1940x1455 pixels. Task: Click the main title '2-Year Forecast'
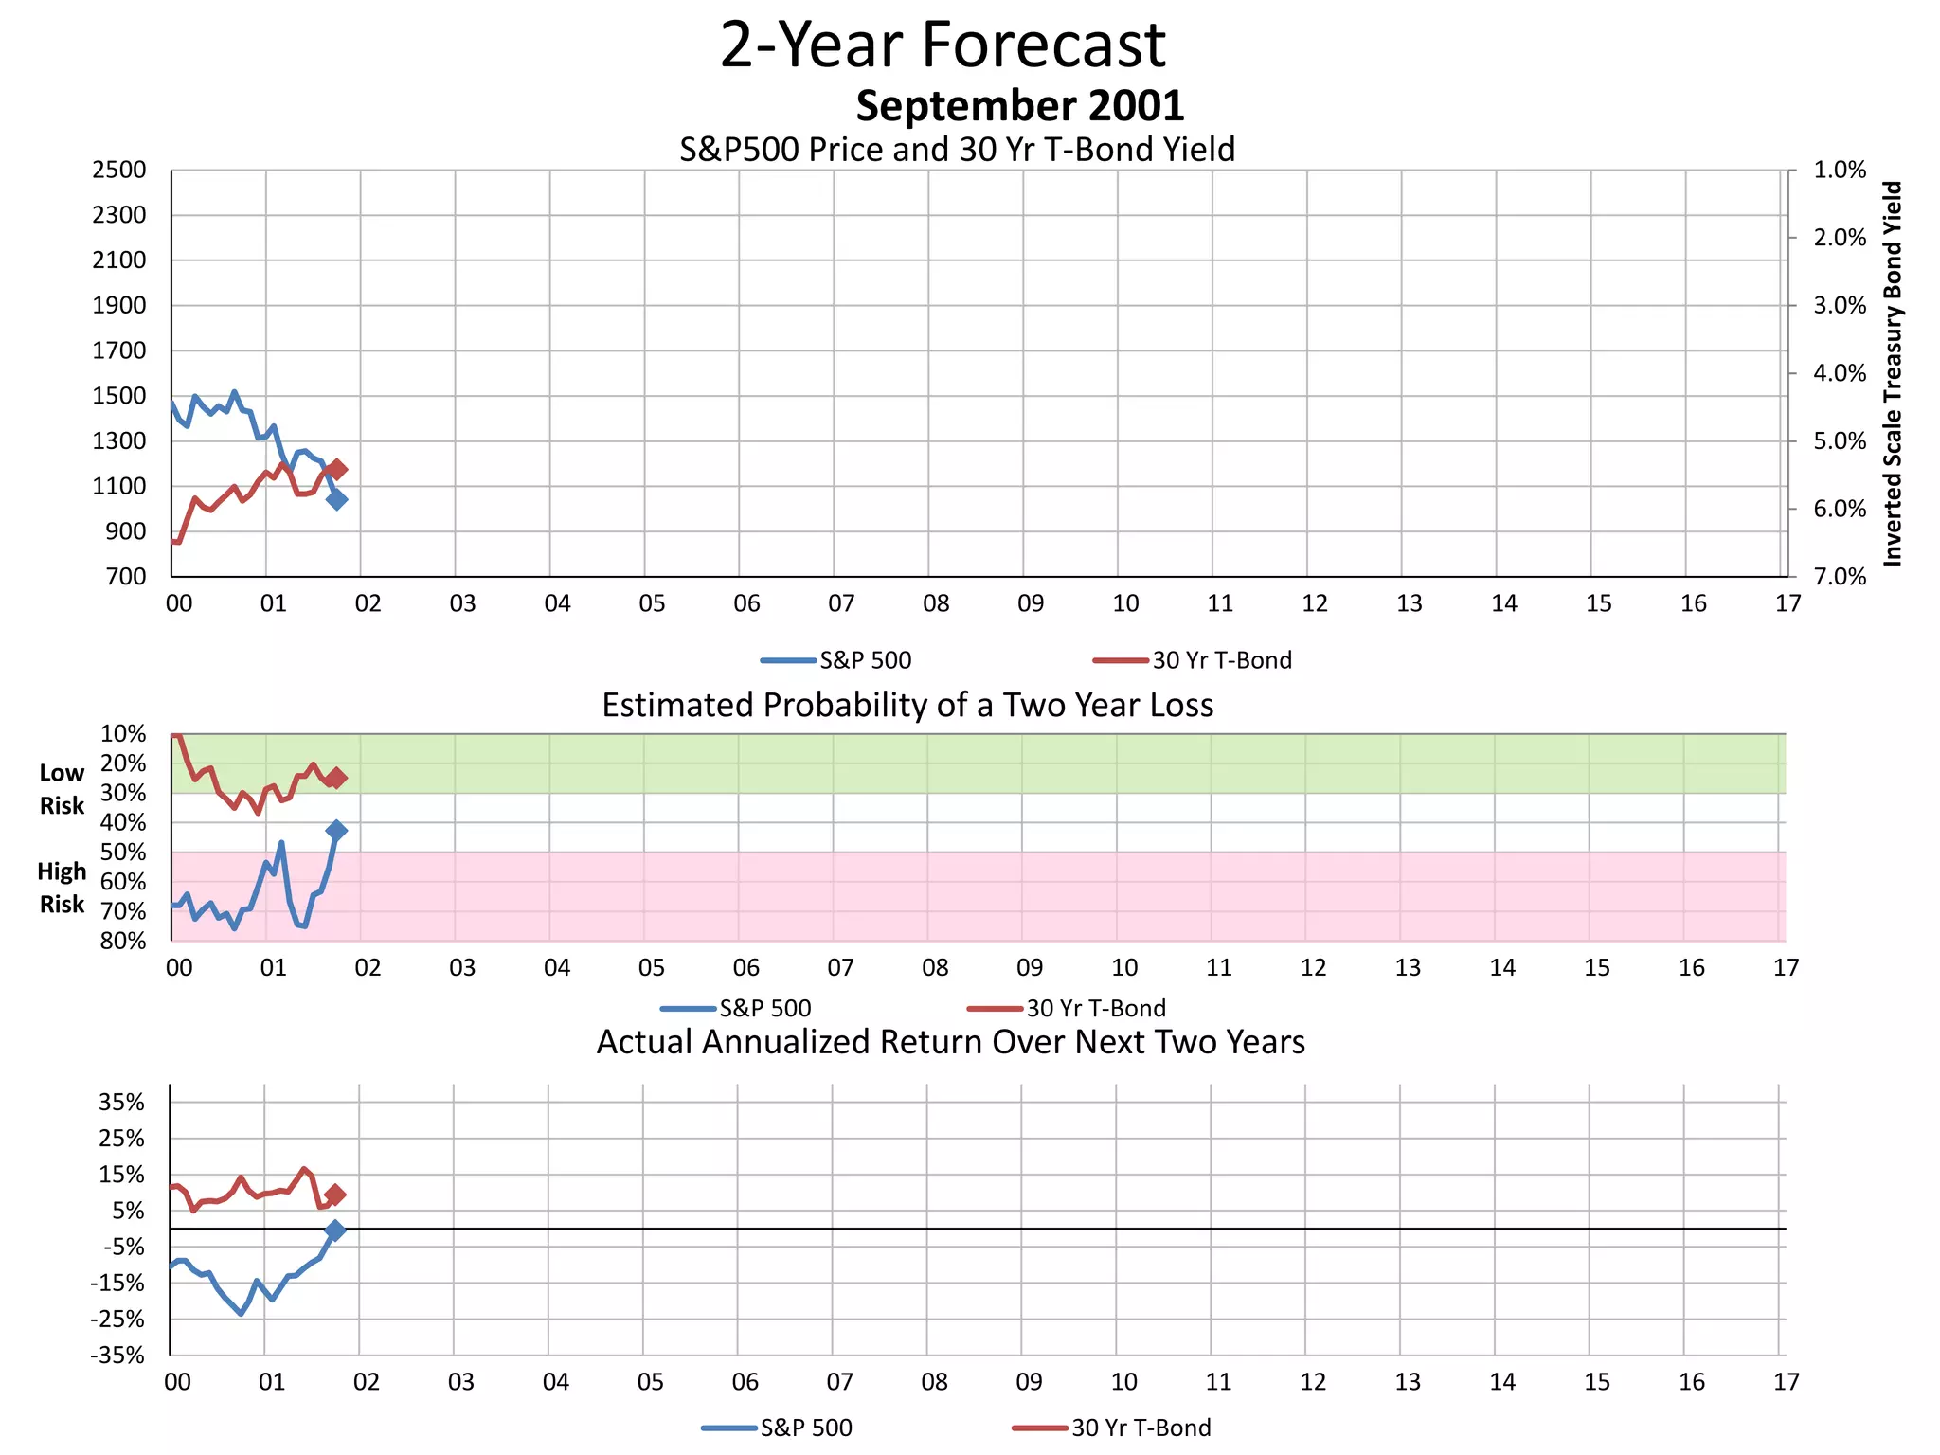click(x=943, y=45)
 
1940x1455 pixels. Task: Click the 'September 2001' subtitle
click(x=1019, y=106)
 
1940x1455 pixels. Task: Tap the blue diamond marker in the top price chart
click(x=336, y=499)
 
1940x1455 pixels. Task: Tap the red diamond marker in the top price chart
click(x=337, y=469)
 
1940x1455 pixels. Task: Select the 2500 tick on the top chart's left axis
click(x=119, y=171)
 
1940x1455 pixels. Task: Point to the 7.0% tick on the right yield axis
click(x=1839, y=577)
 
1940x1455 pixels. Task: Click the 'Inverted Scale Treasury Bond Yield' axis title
click(x=1893, y=374)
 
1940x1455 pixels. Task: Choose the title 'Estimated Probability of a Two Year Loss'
click(x=907, y=706)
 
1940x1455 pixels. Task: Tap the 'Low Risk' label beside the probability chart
click(x=62, y=789)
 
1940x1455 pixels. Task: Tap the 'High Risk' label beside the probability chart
click(x=62, y=888)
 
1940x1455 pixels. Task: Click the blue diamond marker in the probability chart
click(x=335, y=830)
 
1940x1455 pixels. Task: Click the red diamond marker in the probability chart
click(x=336, y=778)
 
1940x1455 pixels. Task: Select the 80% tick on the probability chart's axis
click(x=123, y=941)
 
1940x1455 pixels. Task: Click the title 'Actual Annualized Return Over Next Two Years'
click(x=950, y=1042)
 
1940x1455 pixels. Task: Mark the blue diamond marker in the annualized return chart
click(x=334, y=1230)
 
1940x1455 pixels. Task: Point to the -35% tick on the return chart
click(x=117, y=1356)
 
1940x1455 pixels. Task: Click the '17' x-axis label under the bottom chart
click(x=1786, y=1382)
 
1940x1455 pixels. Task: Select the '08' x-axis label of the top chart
click(x=936, y=603)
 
